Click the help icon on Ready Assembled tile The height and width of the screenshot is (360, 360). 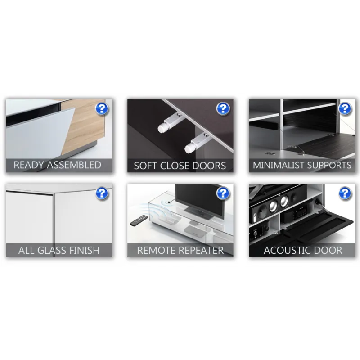tap(102, 108)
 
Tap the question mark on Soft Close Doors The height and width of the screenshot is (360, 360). tap(223, 108)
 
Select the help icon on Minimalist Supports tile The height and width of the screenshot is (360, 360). tap(345, 108)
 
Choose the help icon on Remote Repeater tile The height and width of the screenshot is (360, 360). tap(223, 193)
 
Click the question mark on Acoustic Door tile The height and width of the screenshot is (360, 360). tap(345, 193)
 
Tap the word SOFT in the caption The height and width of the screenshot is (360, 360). tap(145, 166)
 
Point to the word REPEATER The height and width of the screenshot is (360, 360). tap(199, 250)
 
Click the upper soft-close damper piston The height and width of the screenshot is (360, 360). tap(170, 123)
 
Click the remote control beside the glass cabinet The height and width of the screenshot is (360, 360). tap(139, 220)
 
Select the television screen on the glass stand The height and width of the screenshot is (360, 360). tap(199, 199)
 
